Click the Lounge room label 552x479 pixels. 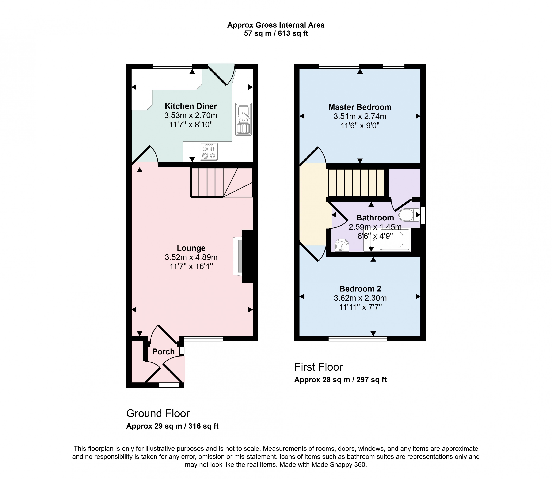tap(191, 248)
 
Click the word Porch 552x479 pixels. tap(163, 351)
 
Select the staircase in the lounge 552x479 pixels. tap(221, 183)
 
